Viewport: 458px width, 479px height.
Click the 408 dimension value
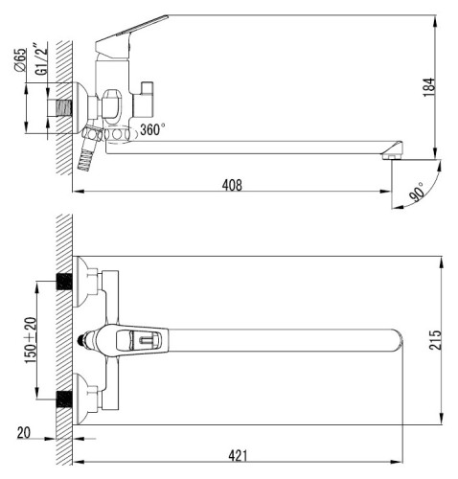point(232,185)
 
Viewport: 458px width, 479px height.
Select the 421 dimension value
point(238,456)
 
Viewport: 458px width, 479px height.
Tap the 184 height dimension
point(429,87)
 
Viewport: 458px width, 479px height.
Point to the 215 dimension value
point(435,340)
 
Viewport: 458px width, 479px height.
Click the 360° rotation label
point(153,129)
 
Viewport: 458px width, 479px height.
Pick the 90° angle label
point(418,193)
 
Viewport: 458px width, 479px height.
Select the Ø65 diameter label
point(20,59)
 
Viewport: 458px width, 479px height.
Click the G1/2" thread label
point(41,61)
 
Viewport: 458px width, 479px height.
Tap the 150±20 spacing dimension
point(31,340)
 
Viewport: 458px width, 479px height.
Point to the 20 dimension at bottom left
point(24,433)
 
